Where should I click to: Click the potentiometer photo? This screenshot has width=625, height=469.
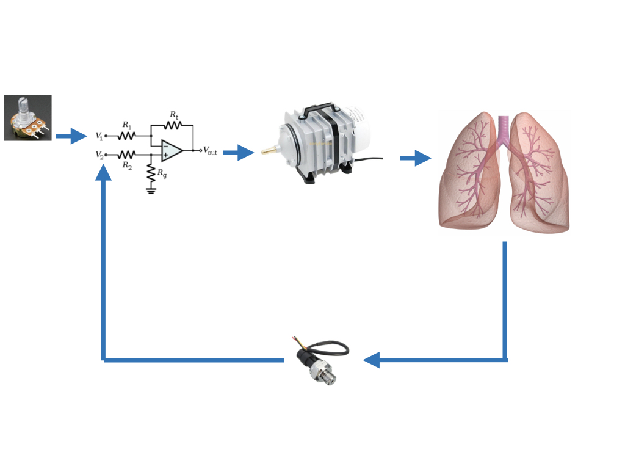tap(27, 118)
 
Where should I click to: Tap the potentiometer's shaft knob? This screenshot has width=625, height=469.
tap(25, 106)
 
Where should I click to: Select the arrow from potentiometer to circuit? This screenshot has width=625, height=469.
tap(71, 136)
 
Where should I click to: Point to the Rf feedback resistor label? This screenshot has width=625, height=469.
tap(174, 114)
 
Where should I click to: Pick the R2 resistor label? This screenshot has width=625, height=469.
tap(126, 165)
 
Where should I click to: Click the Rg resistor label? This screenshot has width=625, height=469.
tap(162, 173)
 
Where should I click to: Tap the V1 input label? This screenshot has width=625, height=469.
tap(99, 136)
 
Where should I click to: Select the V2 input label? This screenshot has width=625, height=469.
tap(99, 155)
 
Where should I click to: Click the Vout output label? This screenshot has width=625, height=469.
tap(209, 151)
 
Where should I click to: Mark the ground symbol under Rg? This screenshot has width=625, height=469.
tap(150, 191)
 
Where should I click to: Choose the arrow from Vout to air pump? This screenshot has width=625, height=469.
tap(238, 152)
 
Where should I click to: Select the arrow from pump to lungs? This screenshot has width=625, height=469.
tap(416, 158)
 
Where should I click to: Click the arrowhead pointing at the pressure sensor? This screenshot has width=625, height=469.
tap(371, 360)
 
